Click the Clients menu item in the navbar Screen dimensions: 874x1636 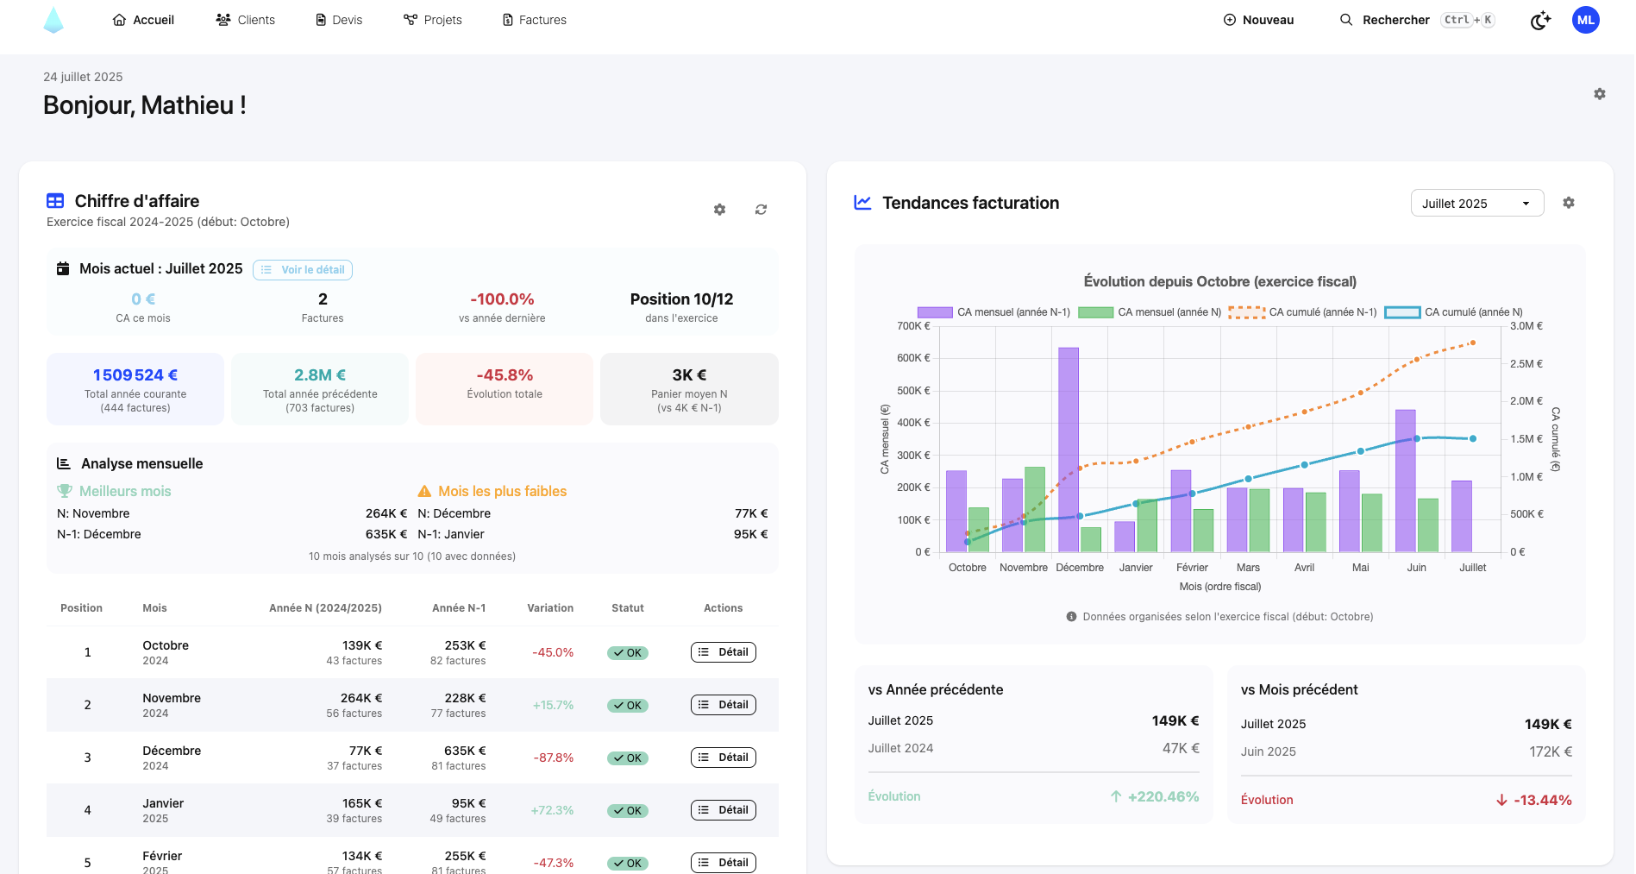click(x=246, y=20)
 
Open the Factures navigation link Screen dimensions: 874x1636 click(x=535, y=20)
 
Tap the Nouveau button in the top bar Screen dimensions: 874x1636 click(x=1259, y=20)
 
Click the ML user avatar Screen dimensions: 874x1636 click(x=1585, y=20)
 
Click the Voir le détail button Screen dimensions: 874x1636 click(x=303, y=270)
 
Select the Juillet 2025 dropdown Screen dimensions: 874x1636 click(x=1476, y=204)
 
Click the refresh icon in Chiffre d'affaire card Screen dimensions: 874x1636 click(x=761, y=210)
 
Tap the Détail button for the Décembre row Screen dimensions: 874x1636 click(x=723, y=758)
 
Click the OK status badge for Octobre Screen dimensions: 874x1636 click(x=628, y=653)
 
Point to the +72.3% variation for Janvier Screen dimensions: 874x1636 click(x=552, y=810)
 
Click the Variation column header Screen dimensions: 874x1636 click(x=550, y=608)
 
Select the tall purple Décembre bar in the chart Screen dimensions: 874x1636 click(x=1069, y=449)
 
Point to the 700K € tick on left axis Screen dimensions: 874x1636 click(x=913, y=326)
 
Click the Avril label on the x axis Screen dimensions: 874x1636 click(x=1304, y=568)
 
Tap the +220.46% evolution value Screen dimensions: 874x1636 click(x=1163, y=796)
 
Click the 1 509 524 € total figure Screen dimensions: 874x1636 click(x=135, y=375)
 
